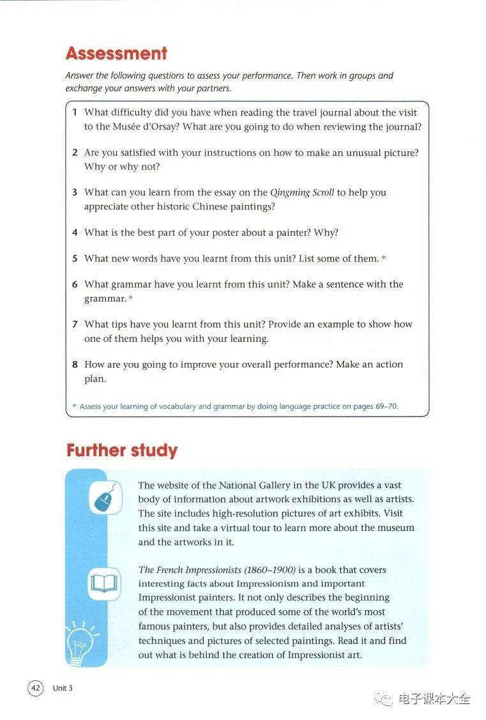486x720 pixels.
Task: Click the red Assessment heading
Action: [116, 53]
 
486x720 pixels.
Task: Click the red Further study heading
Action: [121, 450]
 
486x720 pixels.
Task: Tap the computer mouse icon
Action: [104, 498]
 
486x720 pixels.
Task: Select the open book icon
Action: [104, 583]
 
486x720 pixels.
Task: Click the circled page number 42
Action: [35, 688]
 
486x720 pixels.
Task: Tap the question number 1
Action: [75, 112]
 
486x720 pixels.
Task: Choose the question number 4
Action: [75, 233]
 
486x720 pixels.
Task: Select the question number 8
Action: [75, 365]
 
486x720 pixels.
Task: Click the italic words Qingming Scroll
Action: [302, 192]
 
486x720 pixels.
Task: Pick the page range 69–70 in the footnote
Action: [386, 406]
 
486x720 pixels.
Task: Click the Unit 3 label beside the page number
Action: [63, 688]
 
